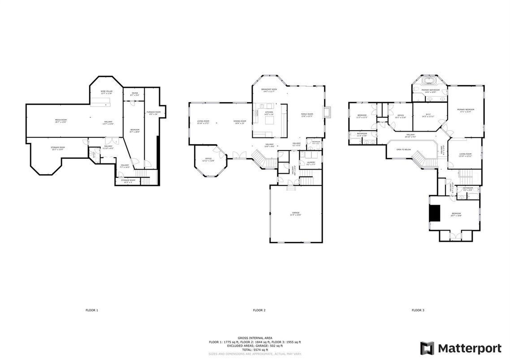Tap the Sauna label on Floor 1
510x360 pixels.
pos(134,93)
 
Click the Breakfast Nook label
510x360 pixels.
pos(269,90)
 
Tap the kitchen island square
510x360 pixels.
pos(270,120)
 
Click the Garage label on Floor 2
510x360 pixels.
pos(295,213)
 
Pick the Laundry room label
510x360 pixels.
pos(311,162)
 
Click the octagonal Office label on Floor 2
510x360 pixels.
pos(208,159)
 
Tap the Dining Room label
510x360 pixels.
pos(240,121)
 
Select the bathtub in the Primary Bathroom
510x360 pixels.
pos(429,81)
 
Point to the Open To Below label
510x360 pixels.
pos(404,150)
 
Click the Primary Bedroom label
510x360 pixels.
pos(466,110)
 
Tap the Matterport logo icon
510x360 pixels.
pos(427,348)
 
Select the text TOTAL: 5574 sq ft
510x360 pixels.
pos(255,349)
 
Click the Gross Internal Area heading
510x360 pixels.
pos(255,338)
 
